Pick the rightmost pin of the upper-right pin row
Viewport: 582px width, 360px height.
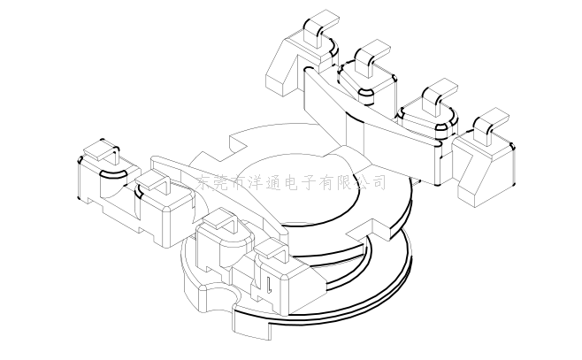click(x=488, y=126)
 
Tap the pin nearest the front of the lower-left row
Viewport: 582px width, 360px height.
click(x=271, y=249)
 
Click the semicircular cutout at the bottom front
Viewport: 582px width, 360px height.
click(x=222, y=295)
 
